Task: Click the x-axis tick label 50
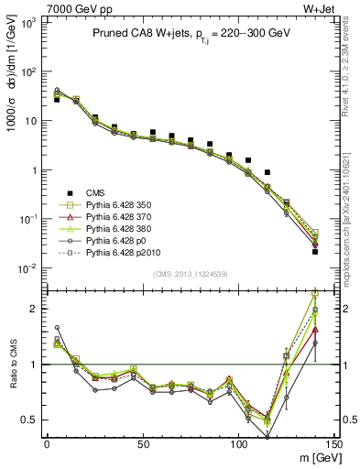143,444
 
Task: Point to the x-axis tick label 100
239,444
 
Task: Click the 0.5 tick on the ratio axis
31,420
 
